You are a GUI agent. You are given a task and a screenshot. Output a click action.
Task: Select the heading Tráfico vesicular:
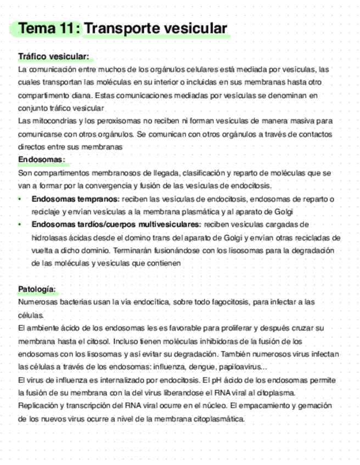coord(53,57)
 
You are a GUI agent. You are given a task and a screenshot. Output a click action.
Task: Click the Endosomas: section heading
coord(41,160)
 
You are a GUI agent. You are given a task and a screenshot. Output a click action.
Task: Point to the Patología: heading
coord(37,289)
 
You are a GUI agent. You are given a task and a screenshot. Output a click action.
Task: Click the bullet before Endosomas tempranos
coord(20,199)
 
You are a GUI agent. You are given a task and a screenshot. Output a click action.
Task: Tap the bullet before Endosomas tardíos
coord(20,225)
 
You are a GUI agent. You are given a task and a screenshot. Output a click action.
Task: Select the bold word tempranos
coord(98,199)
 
